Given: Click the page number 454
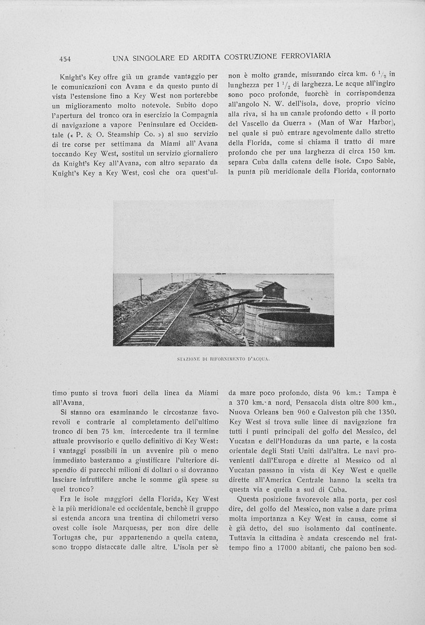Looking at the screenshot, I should [65, 59].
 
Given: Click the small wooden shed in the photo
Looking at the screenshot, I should [271, 289].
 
